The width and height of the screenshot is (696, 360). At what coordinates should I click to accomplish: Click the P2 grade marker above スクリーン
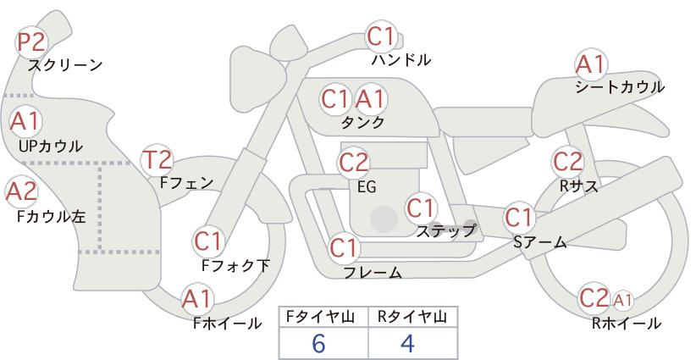31,42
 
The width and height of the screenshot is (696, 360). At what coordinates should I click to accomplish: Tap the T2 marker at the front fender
157,160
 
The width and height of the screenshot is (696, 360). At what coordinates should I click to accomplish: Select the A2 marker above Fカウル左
21,192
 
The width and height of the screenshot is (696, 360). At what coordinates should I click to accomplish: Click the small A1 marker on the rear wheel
623,300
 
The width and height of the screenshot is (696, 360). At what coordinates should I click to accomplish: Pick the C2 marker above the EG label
354,163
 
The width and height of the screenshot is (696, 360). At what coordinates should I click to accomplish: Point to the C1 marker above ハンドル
381,36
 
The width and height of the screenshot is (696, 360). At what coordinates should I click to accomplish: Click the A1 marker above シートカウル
591,65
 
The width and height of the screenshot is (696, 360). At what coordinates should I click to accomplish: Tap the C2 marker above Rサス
567,162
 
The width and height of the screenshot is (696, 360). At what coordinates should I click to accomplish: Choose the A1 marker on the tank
370,99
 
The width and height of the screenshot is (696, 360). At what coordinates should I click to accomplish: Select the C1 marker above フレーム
344,247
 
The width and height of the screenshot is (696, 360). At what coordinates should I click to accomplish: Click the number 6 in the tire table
318,343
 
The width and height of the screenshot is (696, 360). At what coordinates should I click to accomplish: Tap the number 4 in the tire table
407,343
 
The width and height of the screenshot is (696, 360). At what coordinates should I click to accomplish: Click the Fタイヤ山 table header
320,317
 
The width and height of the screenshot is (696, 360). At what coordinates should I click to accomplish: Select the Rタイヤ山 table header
412,317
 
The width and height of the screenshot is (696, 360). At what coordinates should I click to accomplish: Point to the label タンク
362,122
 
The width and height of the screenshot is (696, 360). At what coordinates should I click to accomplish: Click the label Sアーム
539,242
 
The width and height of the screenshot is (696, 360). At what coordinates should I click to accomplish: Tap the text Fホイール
227,323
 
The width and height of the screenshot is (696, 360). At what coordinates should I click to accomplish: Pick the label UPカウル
51,146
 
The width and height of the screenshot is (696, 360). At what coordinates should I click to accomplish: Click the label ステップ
446,231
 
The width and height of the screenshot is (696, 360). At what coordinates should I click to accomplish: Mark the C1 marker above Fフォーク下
207,242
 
